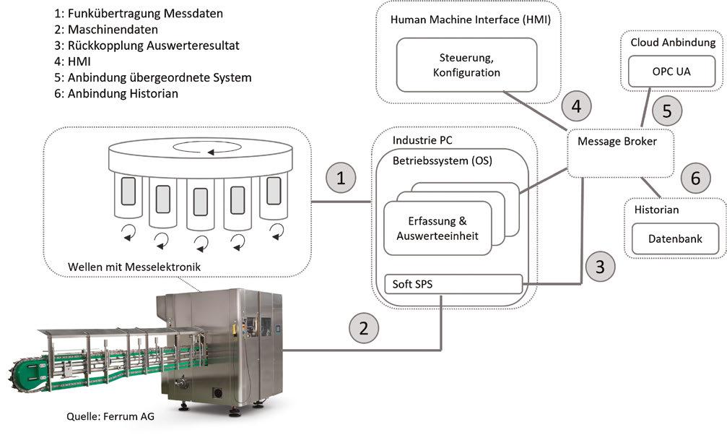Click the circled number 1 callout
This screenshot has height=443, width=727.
coord(341,178)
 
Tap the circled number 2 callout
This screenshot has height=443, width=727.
coord(364,328)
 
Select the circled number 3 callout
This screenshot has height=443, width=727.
coord(600,266)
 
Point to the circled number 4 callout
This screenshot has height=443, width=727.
coord(576,106)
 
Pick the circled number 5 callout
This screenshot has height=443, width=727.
coord(667,111)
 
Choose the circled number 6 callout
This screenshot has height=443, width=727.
coord(695,178)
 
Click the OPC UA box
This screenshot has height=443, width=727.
coord(671,72)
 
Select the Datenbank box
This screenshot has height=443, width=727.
coord(675,239)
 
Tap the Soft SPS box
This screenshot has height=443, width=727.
coord(453,284)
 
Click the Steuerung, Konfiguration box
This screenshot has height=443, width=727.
coord(466,65)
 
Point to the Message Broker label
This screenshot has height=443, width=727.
coord(617,142)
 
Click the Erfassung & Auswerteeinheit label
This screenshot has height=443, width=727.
coord(437,228)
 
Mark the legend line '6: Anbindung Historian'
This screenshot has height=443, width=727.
coord(116,94)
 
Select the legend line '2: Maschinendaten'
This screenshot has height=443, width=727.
coord(105,30)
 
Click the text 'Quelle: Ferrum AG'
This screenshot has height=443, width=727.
coord(110,416)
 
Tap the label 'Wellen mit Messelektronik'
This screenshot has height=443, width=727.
coord(134,267)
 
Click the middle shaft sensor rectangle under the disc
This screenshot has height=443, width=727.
coord(200,202)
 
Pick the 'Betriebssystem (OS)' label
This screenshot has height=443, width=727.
coord(443,161)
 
